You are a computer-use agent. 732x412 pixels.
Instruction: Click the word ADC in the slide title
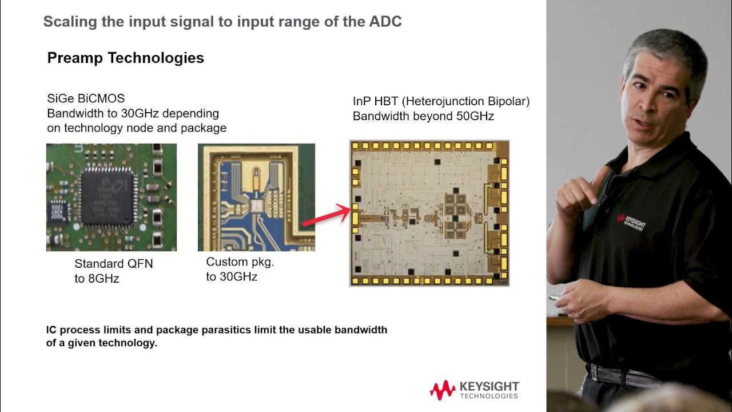tap(385, 22)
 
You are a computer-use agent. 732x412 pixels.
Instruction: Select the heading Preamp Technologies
tap(125, 58)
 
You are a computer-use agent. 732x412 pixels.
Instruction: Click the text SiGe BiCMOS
tap(86, 98)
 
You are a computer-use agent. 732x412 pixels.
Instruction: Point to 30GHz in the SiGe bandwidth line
tap(140, 113)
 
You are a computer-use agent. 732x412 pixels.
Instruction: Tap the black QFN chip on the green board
tap(109, 196)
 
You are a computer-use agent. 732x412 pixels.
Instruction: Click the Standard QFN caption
tap(114, 264)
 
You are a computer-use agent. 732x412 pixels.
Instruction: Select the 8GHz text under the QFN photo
tap(104, 279)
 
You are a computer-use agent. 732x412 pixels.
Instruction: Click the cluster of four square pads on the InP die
tap(458, 214)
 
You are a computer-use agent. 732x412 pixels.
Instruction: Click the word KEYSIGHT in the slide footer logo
tap(489, 387)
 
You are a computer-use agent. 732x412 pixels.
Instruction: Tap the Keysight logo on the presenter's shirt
tap(630, 221)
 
